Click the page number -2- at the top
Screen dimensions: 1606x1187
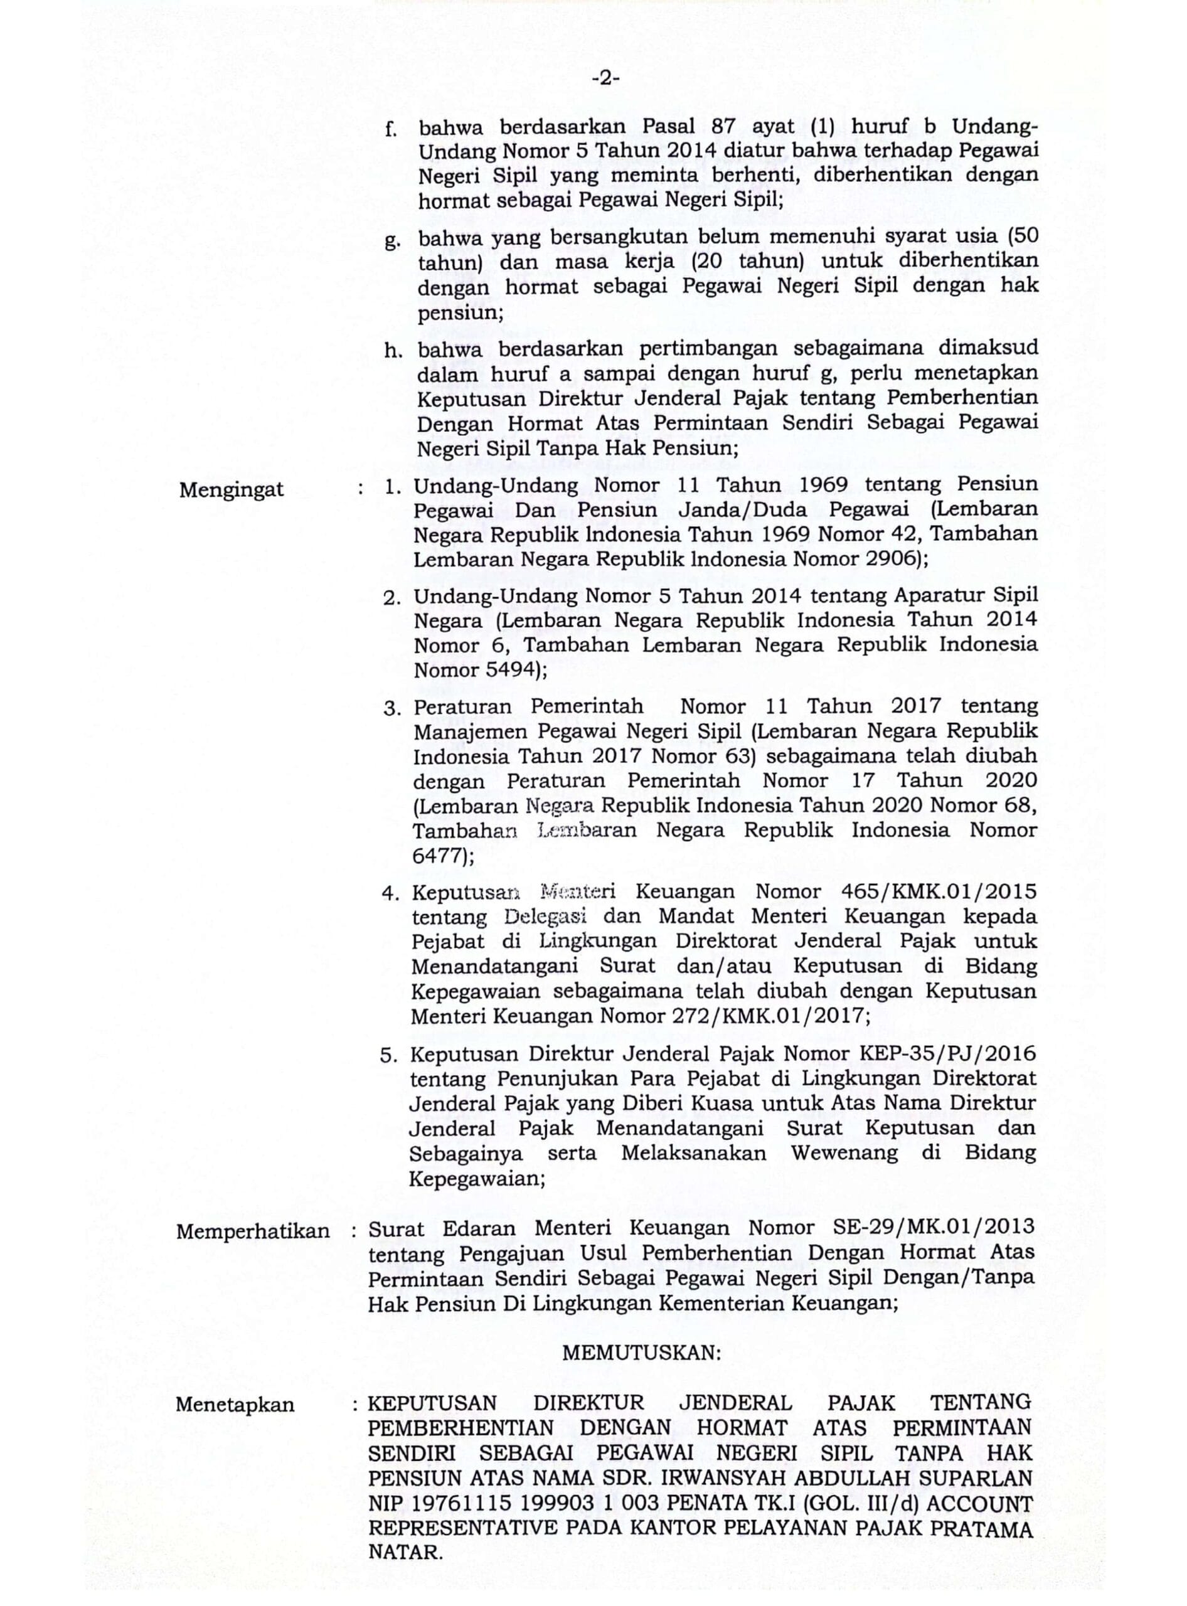[605, 79]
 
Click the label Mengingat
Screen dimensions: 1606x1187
[232, 490]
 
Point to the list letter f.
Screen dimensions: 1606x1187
[391, 129]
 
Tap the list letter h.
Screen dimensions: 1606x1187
[391, 351]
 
